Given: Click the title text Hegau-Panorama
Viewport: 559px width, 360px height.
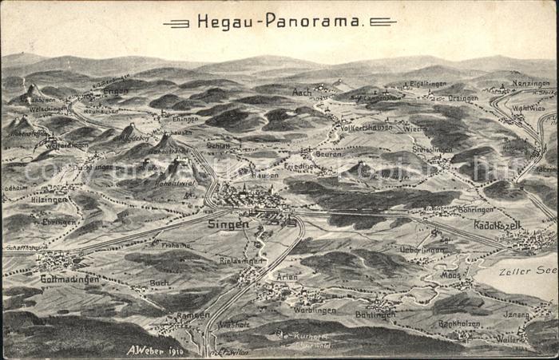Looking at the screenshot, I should (x=279, y=22).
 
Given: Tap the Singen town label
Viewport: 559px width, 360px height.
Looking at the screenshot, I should (x=228, y=224).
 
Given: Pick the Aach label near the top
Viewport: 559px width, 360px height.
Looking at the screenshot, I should (x=302, y=92).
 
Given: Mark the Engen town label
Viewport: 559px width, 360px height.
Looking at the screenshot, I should (x=115, y=91).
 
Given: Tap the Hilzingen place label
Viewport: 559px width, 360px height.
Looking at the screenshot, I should (x=50, y=200).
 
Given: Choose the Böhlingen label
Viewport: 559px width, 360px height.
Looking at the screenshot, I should (x=375, y=315).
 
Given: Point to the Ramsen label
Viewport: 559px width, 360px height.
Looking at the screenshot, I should (x=193, y=315).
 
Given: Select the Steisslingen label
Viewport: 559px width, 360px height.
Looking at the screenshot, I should (x=432, y=148).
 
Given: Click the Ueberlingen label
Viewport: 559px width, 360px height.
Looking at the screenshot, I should (x=422, y=249).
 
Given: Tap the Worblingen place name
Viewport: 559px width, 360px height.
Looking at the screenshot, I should (x=314, y=310).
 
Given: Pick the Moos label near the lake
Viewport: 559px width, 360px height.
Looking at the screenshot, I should (x=451, y=274).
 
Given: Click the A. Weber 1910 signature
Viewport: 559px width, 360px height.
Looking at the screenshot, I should (x=155, y=350).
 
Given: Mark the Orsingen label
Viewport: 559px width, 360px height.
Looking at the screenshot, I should (x=463, y=98).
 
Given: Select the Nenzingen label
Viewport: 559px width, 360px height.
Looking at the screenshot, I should (x=531, y=83).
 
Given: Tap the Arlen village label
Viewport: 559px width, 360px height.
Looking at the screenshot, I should (x=287, y=276).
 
